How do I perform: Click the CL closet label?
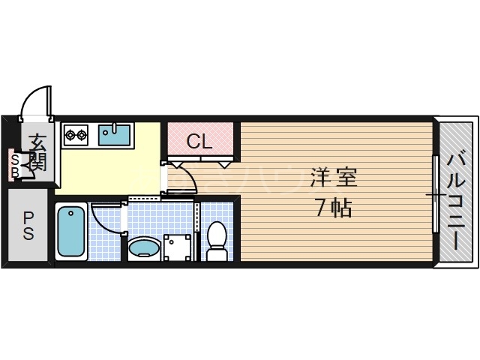199,141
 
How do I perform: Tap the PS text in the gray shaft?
28,226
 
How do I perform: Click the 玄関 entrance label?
37,150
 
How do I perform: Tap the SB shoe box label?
15,163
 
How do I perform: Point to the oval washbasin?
144,247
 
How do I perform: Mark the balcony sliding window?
435,193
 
